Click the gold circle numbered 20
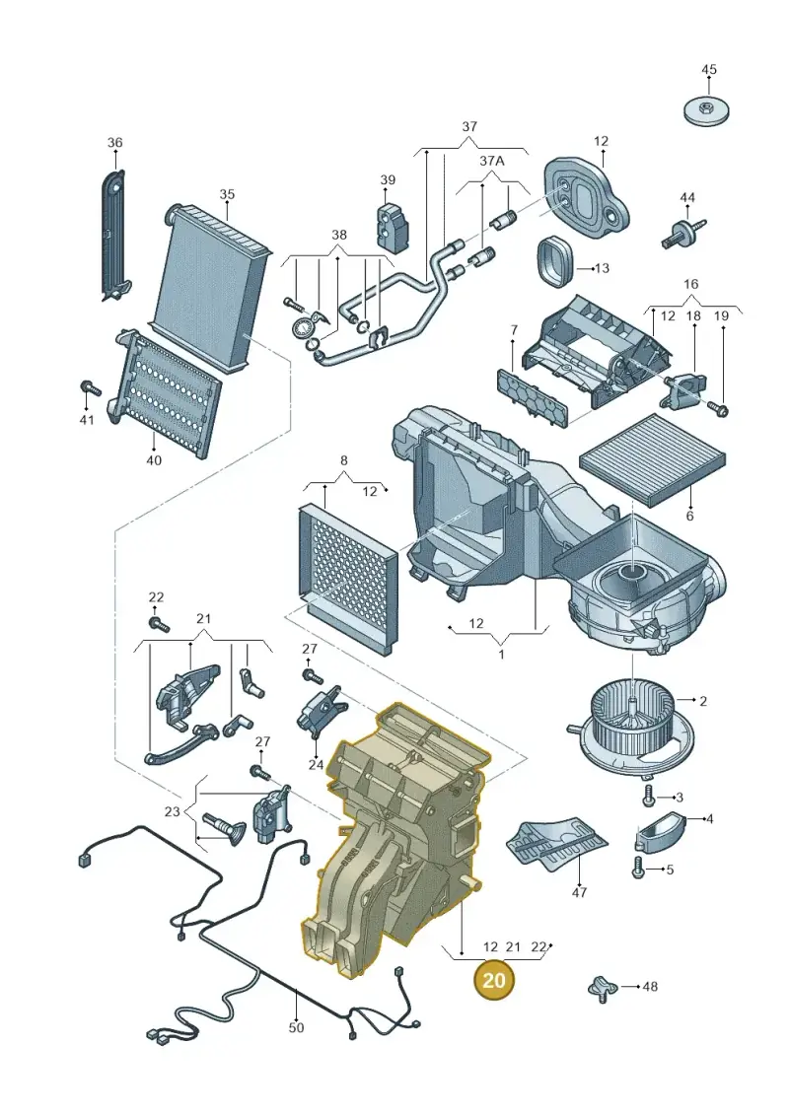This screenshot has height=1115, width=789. [x=494, y=979]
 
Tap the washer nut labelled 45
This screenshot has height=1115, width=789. [x=706, y=110]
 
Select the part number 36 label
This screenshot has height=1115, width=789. [x=114, y=143]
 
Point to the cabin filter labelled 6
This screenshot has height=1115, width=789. [x=653, y=458]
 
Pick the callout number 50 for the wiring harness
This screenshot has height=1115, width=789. [x=296, y=1027]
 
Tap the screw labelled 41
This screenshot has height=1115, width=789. [x=91, y=388]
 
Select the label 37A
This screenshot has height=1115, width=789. [x=491, y=162]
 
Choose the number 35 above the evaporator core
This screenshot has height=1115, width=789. [x=226, y=195]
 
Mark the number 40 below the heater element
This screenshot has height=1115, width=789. [x=154, y=460]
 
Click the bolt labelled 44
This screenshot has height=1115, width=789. [x=684, y=233]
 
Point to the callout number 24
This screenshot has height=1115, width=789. [x=316, y=766]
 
